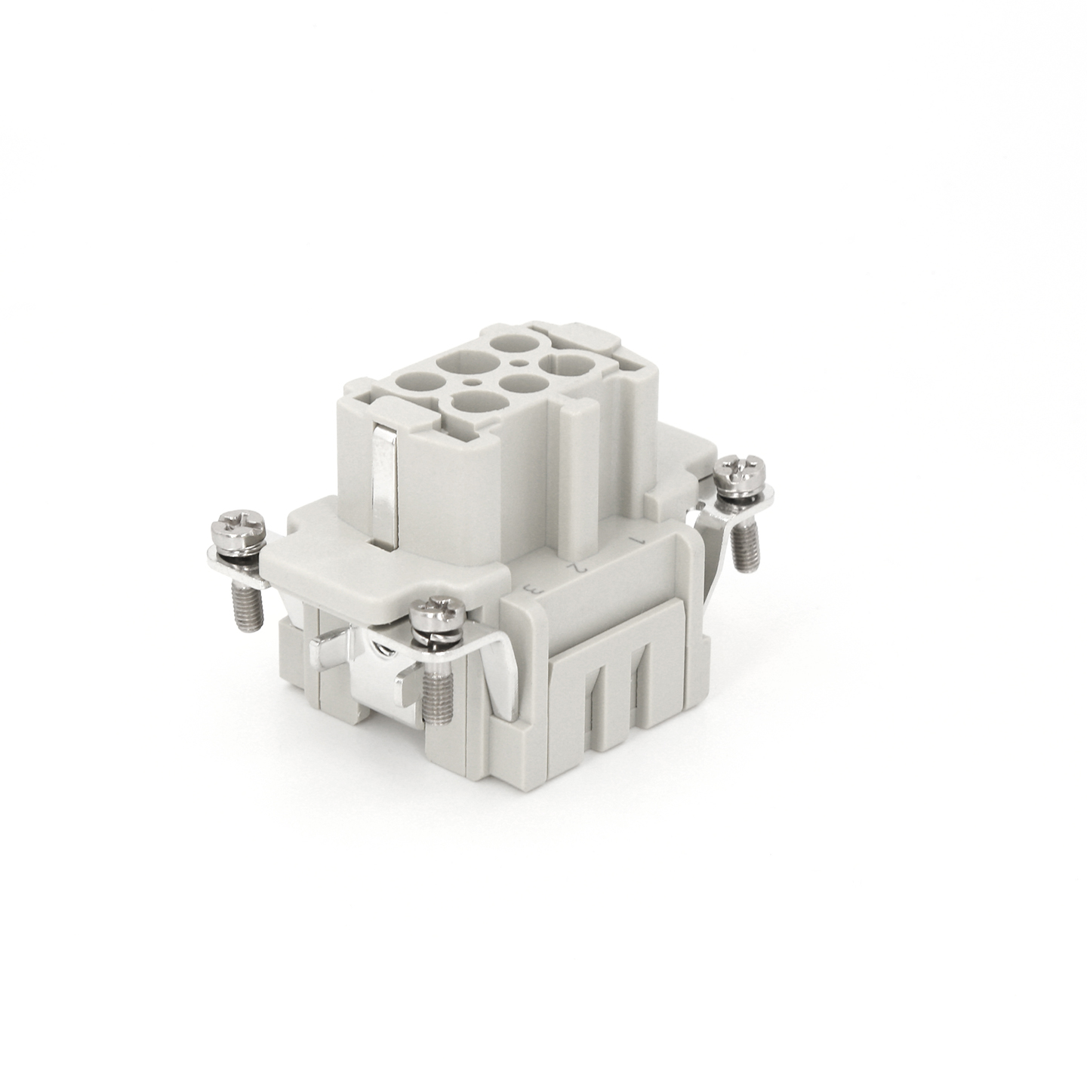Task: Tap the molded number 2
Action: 579,566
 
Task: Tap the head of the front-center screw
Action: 439,613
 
